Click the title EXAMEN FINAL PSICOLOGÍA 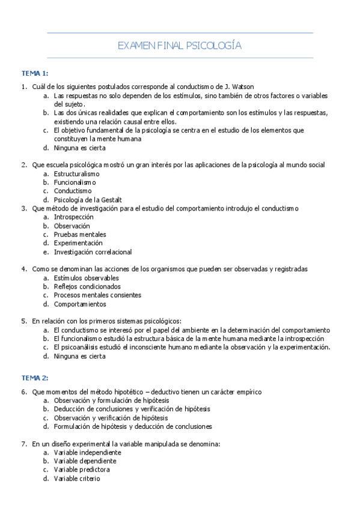[180, 45]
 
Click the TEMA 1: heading [35, 73]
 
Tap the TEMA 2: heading [35, 378]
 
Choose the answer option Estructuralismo [77, 173]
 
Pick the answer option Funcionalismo [75, 182]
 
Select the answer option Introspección [73, 217]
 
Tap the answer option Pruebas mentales [80, 234]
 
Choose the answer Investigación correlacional [93, 252]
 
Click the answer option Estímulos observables [86, 278]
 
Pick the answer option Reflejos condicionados [87, 287]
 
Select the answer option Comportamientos [80, 304]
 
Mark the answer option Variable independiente [87, 452]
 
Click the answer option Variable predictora [82, 470]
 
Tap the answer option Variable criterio [77, 479]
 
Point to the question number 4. [23, 269]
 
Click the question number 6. [23, 392]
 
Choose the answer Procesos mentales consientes [97, 295]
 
